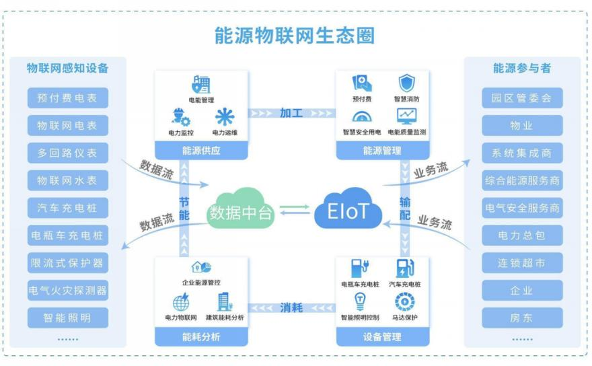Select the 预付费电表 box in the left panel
pos(67,98)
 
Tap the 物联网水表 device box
pos(67,180)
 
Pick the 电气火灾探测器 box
pos(67,291)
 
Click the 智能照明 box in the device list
pos(67,318)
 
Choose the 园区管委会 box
pos(522,98)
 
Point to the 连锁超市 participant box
pos(522,263)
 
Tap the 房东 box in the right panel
pos(522,318)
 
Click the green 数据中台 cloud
pos(240,212)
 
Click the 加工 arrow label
pos(291,112)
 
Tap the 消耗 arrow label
pos(291,308)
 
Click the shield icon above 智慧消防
pos(407,83)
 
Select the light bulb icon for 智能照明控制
pos(359,302)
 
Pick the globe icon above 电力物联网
pos(181,301)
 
